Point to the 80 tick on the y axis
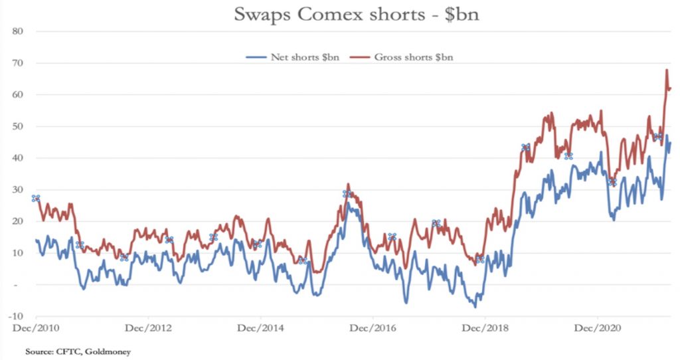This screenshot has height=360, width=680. pos(18,31)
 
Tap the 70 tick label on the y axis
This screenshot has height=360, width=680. pos(18,63)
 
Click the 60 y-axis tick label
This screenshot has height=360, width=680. pos(18,95)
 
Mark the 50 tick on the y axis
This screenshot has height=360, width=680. pos(18,126)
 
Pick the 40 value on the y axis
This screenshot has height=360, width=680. pos(18,158)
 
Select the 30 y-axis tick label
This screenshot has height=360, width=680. pos(18,190)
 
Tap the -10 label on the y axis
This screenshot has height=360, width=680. pos(17,316)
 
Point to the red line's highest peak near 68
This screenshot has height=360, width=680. pos(666,70)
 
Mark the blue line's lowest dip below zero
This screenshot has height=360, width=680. pos(475,307)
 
